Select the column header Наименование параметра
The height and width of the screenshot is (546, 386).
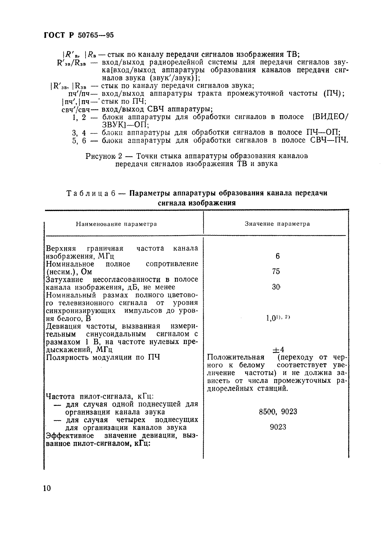(116, 224)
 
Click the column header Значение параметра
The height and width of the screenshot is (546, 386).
(277, 224)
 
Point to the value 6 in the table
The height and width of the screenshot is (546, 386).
(277, 256)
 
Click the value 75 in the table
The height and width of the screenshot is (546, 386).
(276, 272)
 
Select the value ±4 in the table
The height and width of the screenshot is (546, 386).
(277, 350)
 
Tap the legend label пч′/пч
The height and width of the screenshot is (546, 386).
(79, 94)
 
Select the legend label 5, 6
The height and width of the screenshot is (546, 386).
(79, 140)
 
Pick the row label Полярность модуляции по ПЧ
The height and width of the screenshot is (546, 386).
(103, 357)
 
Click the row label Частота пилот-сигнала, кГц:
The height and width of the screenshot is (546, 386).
(100, 396)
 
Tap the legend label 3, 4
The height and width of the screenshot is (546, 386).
(79, 133)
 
